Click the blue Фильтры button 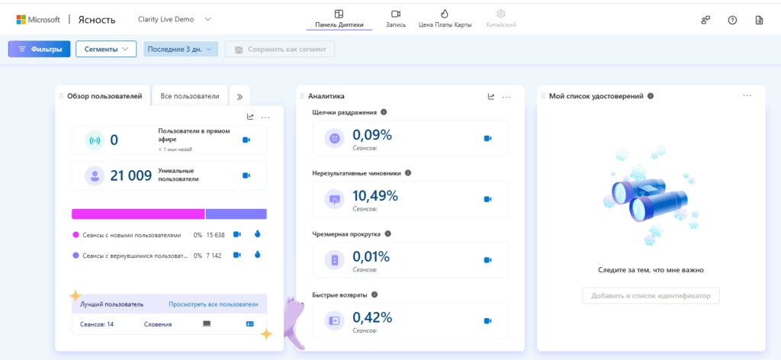click(x=40, y=50)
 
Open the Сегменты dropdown click(x=106, y=50)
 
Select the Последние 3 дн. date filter click(x=181, y=50)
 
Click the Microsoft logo click(x=38, y=19)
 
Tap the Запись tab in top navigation click(x=396, y=18)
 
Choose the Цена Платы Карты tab click(x=445, y=18)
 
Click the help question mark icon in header click(x=732, y=20)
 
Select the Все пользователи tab click(x=190, y=96)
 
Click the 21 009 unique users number click(x=131, y=175)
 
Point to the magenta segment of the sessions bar click(x=138, y=214)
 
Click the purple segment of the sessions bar click(x=236, y=214)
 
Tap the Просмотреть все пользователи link click(x=214, y=304)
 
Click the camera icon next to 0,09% click(x=487, y=138)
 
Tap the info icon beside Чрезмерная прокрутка click(x=388, y=233)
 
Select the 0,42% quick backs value click(x=372, y=318)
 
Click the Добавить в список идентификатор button click(x=651, y=296)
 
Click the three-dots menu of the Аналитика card click(x=506, y=98)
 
